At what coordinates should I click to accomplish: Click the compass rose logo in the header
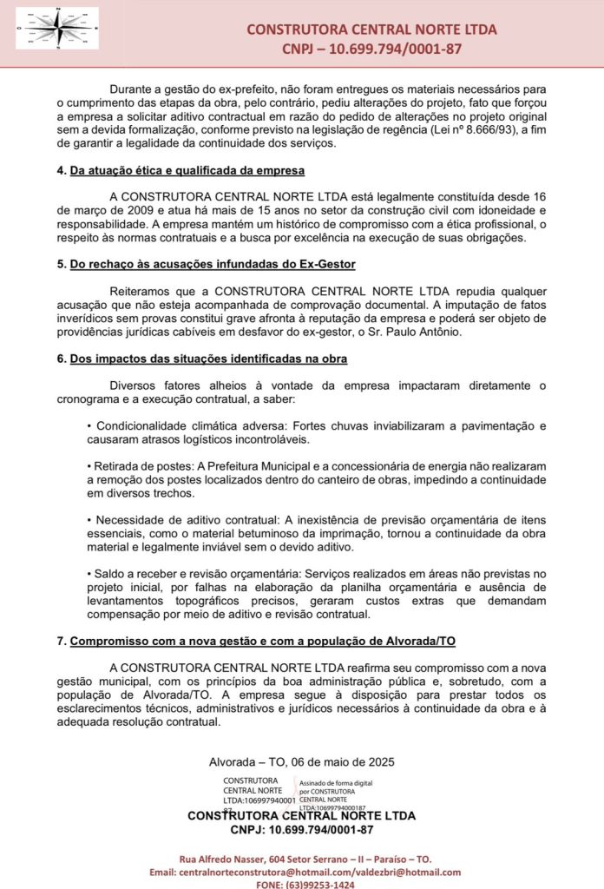tap(57, 28)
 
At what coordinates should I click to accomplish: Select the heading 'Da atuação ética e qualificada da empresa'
tap(187, 170)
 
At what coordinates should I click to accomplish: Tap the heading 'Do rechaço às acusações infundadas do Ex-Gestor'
tap(213, 264)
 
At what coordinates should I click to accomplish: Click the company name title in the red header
tap(371, 30)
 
